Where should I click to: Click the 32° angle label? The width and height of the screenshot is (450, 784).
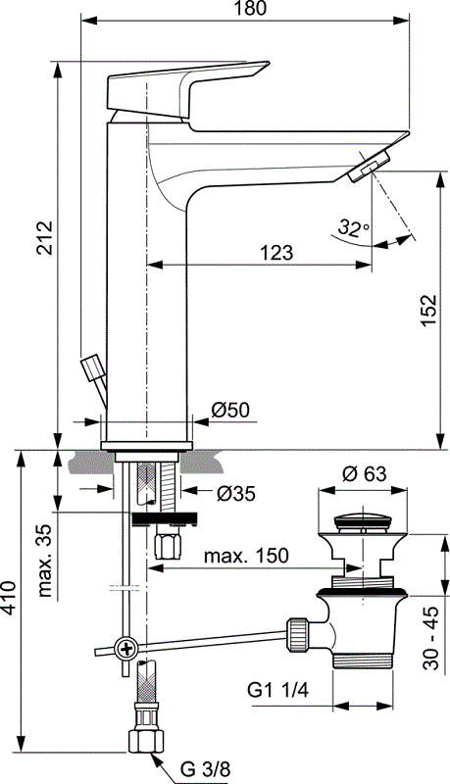[351, 227]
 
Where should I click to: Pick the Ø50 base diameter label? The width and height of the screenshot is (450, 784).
[230, 409]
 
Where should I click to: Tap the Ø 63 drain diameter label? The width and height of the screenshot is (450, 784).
[365, 473]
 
